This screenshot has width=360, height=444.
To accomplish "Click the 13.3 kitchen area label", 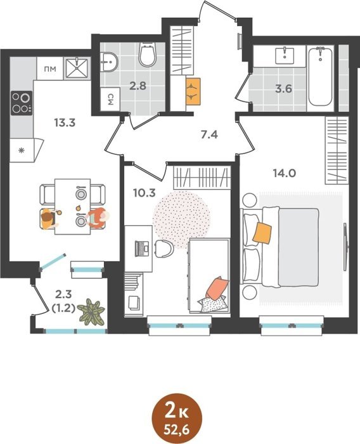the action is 65,123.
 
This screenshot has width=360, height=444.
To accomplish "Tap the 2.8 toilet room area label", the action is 138,86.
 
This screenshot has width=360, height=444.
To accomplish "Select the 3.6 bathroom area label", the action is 283,89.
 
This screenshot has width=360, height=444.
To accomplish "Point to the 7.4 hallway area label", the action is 209,134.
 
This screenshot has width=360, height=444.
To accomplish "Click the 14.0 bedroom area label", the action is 284,173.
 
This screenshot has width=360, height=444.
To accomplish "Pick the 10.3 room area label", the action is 145,193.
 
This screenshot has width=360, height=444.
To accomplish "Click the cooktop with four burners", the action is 22,103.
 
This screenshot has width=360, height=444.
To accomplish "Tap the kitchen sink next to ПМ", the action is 77,68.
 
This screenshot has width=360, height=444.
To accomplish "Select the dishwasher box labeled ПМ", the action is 50,69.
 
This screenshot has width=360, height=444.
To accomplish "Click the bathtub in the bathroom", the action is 320,77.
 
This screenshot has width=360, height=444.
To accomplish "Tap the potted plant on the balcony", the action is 91,312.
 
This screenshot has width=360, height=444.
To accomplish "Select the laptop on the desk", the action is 142,249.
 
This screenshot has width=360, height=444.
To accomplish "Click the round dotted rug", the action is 181,219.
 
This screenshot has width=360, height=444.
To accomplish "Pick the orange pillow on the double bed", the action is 262,233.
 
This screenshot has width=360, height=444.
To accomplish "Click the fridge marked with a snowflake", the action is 24,150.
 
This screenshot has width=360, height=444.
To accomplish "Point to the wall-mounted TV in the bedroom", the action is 346,247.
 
